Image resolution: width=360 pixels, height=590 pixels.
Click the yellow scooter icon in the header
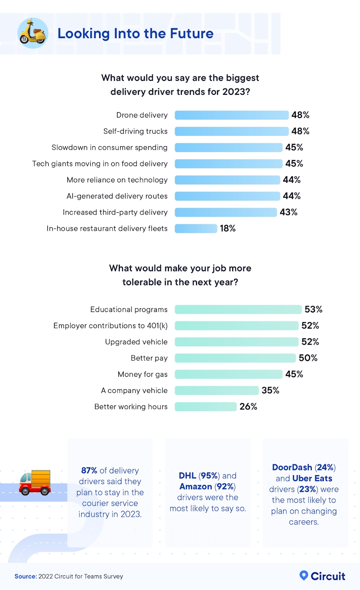pyautogui.click(x=33, y=33)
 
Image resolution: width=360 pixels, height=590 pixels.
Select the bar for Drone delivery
pyautogui.click(x=231, y=115)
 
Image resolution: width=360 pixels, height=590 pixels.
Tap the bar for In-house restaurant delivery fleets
pyautogui.click(x=196, y=228)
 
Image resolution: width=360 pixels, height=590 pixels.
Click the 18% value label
pyautogui.click(x=227, y=228)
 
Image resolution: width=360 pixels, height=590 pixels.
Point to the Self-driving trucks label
pyautogui.click(x=135, y=131)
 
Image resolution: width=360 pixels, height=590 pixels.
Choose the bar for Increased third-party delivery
pyautogui.click(x=226, y=212)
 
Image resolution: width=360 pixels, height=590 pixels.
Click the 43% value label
pyautogui.click(x=288, y=212)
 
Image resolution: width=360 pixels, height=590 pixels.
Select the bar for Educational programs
pyautogui.click(x=238, y=309)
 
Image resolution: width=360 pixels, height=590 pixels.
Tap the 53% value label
pyautogui.click(x=313, y=309)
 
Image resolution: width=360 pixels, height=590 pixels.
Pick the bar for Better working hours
pyautogui.click(x=205, y=407)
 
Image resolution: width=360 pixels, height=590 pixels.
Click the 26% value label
pyautogui.click(x=248, y=407)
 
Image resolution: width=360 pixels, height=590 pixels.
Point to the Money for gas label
pyautogui.click(x=142, y=374)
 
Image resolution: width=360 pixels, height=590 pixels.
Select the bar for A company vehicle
pyautogui.click(x=217, y=391)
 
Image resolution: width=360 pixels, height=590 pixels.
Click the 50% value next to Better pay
pyautogui.click(x=308, y=358)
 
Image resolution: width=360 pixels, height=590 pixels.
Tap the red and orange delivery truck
pyautogui.click(x=35, y=482)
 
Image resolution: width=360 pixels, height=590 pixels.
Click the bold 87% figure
pyautogui.click(x=89, y=471)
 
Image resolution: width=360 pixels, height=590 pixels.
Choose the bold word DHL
pyautogui.click(x=188, y=476)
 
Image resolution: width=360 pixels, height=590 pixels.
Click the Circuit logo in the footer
pyautogui.click(x=322, y=576)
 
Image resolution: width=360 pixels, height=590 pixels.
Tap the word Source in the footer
pyautogui.click(x=25, y=577)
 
